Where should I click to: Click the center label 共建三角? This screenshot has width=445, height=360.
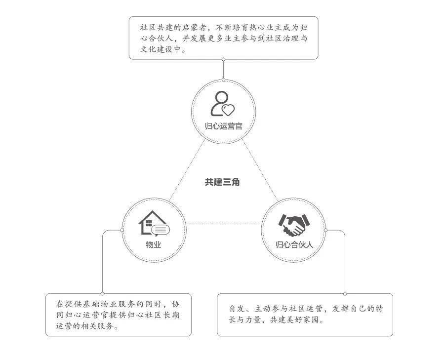[222, 182]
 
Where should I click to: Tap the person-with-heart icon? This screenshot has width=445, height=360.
[222, 104]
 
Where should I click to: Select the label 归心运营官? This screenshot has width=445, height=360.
[224, 126]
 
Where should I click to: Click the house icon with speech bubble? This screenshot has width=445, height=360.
[154, 224]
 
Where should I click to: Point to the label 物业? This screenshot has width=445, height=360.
[154, 244]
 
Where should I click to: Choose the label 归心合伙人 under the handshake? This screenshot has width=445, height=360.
[294, 244]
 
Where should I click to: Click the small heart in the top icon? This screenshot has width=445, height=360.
[228, 110]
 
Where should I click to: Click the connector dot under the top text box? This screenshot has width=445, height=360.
[224, 59]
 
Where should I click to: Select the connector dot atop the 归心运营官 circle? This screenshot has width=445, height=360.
[224, 80]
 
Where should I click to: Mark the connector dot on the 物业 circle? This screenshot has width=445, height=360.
[122, 230]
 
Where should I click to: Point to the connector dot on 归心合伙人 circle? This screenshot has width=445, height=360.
[325, 230]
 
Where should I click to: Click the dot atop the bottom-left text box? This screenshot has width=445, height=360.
[102, 294]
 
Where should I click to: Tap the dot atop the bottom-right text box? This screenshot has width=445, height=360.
[345, 294]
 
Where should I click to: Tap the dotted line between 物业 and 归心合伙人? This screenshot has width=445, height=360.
[224, 224]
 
